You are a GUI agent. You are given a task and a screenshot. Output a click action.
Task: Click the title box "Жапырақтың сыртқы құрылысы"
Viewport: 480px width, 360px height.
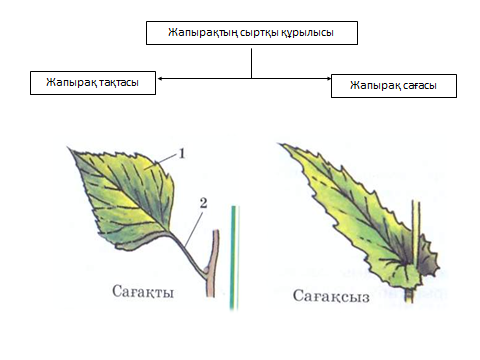[x=252, y=33]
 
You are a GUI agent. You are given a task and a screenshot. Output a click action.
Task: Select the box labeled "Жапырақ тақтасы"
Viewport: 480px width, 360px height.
[x=93, y=83]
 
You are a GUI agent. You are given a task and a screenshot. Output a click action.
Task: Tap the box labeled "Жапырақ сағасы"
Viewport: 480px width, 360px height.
[x=394, y=86]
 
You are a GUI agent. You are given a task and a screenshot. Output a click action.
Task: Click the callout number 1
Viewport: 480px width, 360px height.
[x=182, y=154]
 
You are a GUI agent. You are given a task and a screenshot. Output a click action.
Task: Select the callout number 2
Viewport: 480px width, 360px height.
[x=203, y=203]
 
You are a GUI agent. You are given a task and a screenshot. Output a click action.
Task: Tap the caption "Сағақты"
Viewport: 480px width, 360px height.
[x=143, y=292]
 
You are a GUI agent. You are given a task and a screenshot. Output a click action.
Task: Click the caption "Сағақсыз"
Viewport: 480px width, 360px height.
[x=331, y=296]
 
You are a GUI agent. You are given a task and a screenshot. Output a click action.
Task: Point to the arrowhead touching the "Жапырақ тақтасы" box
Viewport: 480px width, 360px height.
[x=160, y=79]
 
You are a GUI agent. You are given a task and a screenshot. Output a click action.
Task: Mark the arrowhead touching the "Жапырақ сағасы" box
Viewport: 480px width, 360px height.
[x=329, y=79]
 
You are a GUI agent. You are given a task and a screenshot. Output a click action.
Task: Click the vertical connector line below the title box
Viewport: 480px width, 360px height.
[x=251, y=63]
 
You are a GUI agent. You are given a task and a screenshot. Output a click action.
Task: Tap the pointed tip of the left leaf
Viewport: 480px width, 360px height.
[x=69, y=148]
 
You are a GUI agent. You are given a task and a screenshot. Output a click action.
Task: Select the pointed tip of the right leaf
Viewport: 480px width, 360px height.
[x=279, y=144]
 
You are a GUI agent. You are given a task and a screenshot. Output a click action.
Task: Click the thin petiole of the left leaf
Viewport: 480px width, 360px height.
[x=188, y=252]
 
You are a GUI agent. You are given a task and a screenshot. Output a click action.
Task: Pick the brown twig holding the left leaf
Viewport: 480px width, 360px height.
[x=212, y=263]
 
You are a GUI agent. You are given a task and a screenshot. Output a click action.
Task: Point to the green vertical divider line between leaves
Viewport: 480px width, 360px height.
[x=234, y=258]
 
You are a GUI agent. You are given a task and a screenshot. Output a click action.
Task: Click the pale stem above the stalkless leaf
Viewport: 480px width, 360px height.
[x=416, y=227]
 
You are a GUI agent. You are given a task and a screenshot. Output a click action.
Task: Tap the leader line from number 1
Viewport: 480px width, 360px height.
[x=167, y=158]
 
